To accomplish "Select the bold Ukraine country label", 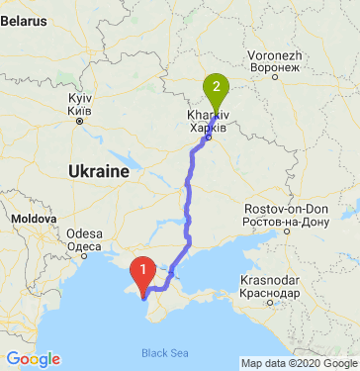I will point(99,171).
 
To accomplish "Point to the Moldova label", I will point(33,216).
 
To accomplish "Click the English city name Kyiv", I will point(78,100).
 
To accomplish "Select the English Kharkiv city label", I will point(207,117).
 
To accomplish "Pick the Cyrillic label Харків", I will point(207,128).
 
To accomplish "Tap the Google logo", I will point(33,359).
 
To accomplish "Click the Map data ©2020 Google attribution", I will point(299,363).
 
